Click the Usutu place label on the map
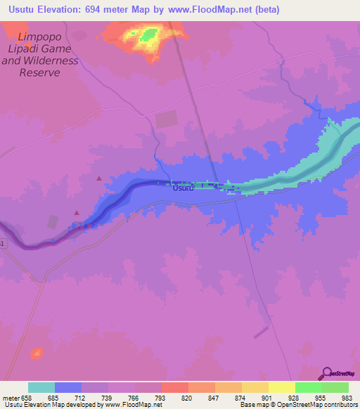183,188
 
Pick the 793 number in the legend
162,397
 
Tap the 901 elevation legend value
268,397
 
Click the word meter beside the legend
11,397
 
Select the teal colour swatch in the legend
41,387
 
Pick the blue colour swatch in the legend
68,387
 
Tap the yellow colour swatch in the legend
281,387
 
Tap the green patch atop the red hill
148,34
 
